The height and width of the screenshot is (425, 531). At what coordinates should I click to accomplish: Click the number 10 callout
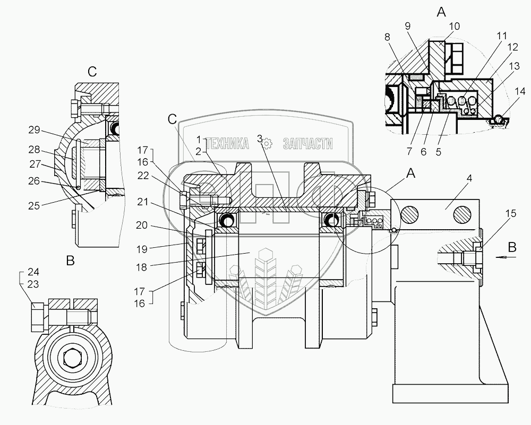point(454,26)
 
